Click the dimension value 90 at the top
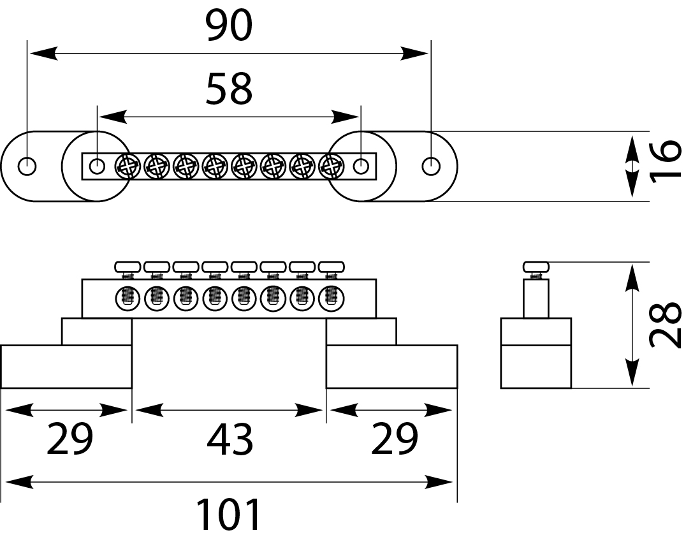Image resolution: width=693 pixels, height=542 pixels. tap(230, 27)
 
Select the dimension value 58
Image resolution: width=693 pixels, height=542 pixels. tap(229, 89)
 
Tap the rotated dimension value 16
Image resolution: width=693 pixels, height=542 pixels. tap(666, 163)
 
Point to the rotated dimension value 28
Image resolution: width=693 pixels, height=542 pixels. tap(666, 325)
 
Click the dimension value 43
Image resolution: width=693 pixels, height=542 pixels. tap(230, 440)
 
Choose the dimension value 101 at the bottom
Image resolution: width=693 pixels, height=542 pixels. tap(229, 515)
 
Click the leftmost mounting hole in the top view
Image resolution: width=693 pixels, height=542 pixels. tap(27, 166)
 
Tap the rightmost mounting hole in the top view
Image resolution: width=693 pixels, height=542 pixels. tap(431, 166)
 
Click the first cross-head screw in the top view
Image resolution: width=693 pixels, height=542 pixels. tap(126, 167)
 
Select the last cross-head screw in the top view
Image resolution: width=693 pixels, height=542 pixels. tap(331, 167)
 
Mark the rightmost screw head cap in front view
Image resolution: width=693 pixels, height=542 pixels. tap(332, 266)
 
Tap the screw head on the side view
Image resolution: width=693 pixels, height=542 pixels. tap(536, 266)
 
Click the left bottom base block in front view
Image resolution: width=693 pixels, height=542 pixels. tap(66, 367)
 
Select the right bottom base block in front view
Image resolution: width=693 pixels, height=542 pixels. tap(391, 367)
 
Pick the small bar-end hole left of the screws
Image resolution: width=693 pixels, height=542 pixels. tap(97, 166)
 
